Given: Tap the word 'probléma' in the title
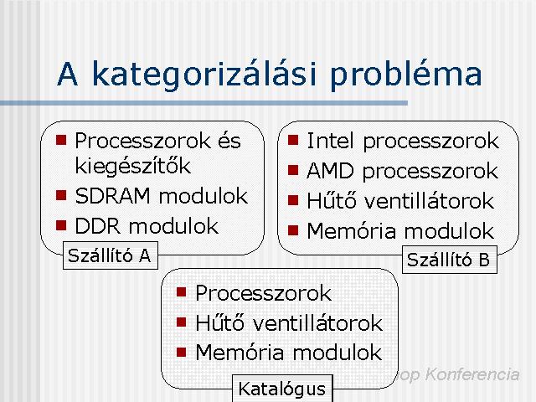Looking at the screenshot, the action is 405,75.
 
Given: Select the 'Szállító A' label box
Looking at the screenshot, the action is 111,255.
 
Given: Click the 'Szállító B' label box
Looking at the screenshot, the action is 450,260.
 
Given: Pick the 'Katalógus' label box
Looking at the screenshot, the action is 282,389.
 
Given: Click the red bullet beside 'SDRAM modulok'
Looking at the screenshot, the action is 61,195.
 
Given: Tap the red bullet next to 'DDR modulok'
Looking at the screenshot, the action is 61,225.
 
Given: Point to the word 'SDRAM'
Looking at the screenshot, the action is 112,196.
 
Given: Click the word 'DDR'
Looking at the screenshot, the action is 98,226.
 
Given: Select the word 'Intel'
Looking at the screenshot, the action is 330,141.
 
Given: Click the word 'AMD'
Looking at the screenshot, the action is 330,171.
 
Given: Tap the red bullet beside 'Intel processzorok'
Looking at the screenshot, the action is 293,140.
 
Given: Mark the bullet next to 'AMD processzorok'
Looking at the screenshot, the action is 293,170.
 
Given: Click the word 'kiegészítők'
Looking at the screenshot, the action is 132,167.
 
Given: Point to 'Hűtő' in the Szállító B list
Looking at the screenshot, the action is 332,200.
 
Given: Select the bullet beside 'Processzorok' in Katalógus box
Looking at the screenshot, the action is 182,292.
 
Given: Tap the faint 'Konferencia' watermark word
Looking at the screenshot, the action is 472,374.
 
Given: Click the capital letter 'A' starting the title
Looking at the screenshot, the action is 67,75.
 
